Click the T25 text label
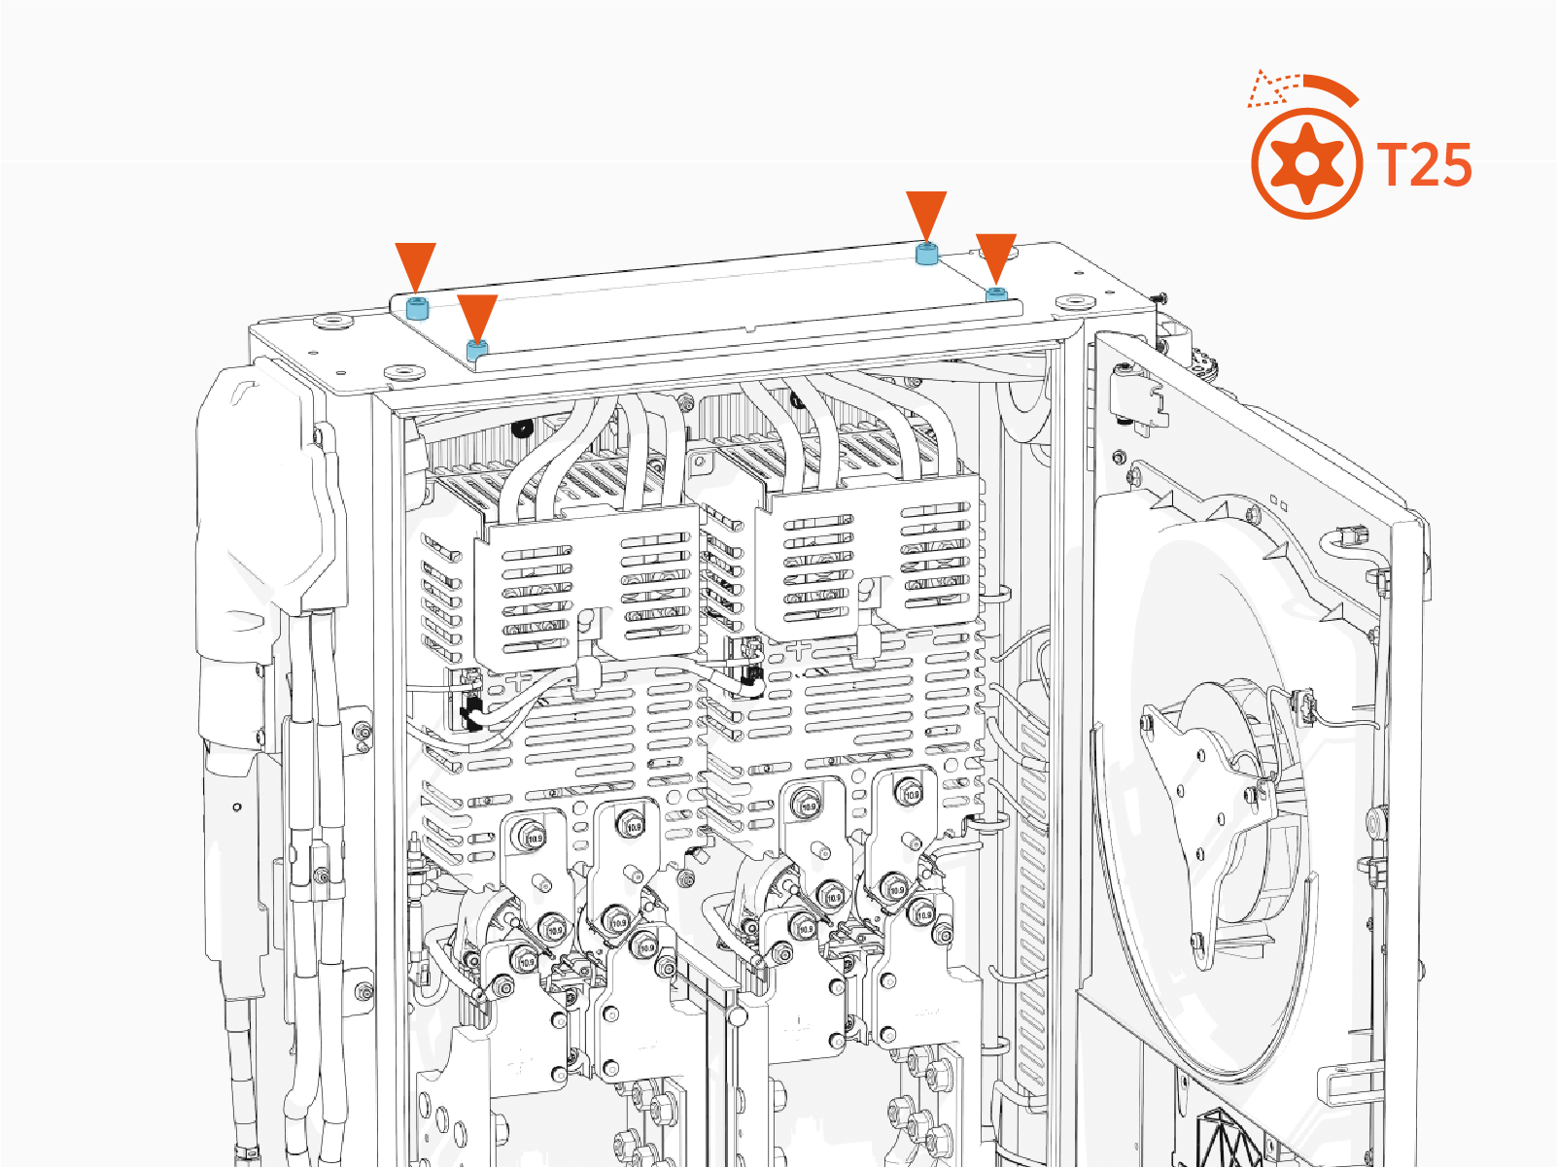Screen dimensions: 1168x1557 pyautogui.click(x=1425, y=165)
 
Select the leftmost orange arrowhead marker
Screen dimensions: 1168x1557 pyautogui.click(x=416, y=266)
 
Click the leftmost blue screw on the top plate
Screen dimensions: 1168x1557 pyautogui.click(x=417, y=310)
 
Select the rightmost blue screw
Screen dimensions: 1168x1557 pyautogui.click(x=995, y=293)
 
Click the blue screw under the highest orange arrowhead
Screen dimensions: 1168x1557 pyautogui.click(x=926, y=255)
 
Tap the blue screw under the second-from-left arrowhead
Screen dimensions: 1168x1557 pyautogui.click(x=476, y=350)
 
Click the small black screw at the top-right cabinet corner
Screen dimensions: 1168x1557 pyautogui.click(x=1159, y=296)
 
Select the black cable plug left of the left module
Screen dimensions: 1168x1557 pyautogui.click(x=471, y=713)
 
